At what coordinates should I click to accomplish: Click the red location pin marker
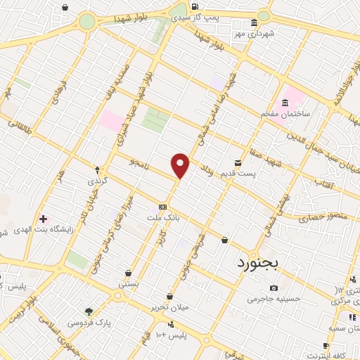coord(181,165)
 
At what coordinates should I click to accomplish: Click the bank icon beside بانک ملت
coord(162,207)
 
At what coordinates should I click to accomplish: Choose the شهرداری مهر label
coord(253,33)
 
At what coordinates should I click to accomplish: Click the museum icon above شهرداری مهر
coord(254,22)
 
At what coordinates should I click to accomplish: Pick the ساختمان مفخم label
coord(281,114)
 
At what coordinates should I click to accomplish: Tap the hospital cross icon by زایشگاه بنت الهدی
coord(44,220)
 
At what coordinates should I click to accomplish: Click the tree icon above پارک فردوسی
coord(89,311)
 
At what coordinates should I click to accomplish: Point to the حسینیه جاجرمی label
coord(274,299)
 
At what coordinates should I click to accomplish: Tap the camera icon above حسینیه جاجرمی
coord(274,288)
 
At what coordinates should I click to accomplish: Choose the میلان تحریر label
coord(169,307)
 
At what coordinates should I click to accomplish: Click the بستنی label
coord(129,283)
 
